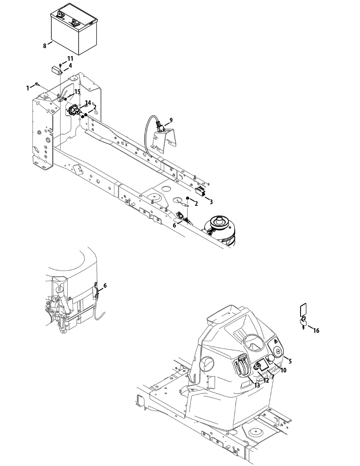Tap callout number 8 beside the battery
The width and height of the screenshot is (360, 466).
pyautogui.click(x=45, y=46)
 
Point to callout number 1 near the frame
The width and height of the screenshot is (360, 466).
pyautogui.click(x=28, y=88)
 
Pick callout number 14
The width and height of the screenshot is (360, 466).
pyautogui.click(x=88, y=103)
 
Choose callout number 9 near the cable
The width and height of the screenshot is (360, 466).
pyautogui.click(x=170, y=120)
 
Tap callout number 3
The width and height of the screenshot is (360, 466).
pyautogui.click(x=211, y=202)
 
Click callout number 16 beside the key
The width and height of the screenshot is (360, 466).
pyautogui.click(x=316, y=330)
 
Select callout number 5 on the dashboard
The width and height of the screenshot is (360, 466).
pyautogui.click(x=290, y=361)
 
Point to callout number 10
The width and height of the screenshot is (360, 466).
pyautogui.click(x=283, y=370)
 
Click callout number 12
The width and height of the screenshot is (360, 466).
pyautogui.click(x=266, y=381)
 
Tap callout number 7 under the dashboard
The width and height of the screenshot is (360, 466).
pyautogui.click(x=273, y=377)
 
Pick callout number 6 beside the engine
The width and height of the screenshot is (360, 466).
pyautogui.click(x=105, y=286)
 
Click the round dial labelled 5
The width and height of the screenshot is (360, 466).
pyautogui.click(x=279, y=352)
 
